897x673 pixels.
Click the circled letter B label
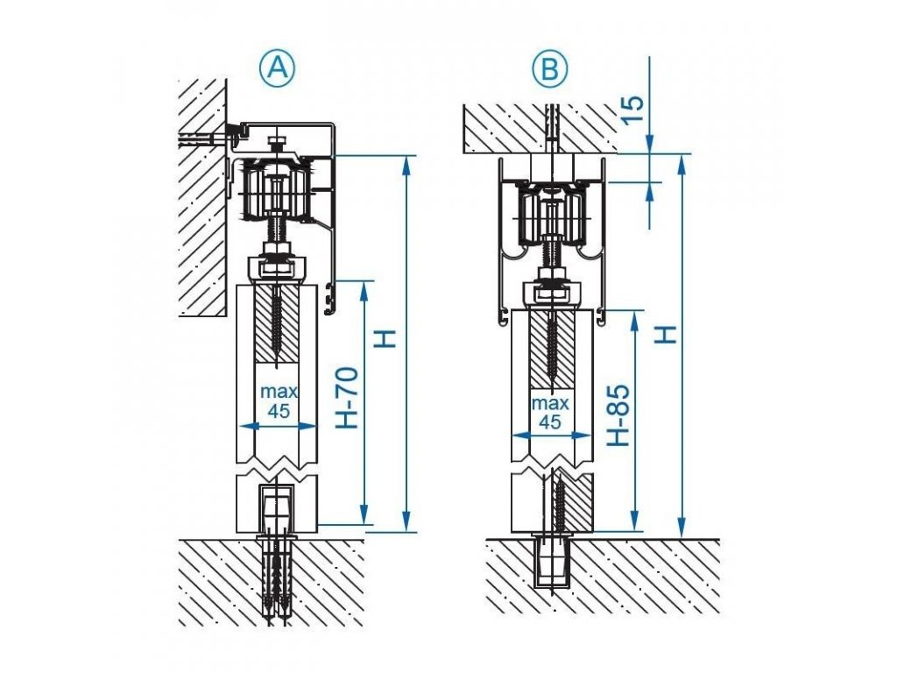550,68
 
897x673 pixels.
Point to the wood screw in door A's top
278,324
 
